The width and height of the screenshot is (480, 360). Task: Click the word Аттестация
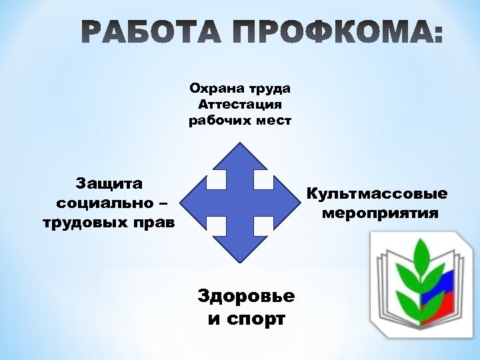click(240, 105)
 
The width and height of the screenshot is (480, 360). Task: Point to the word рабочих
click(216, 121)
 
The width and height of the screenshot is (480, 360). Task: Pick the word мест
click(271, 121)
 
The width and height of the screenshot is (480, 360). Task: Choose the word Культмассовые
click(377, 194)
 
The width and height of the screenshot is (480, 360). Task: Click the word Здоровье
click(247, 295)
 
